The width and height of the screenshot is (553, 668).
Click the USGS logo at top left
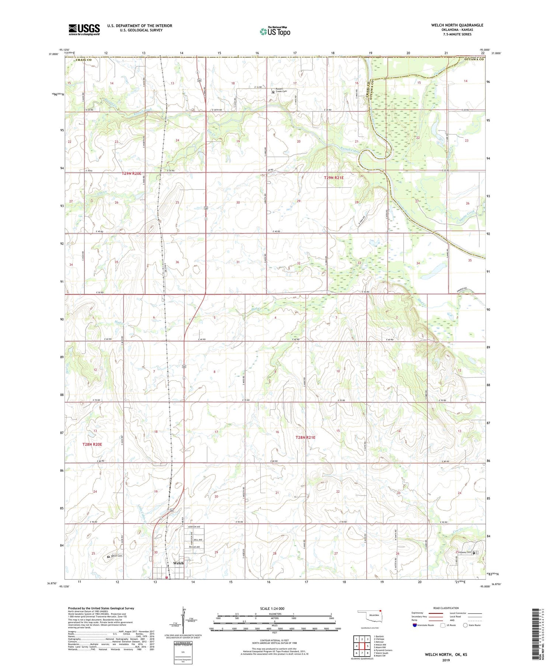pos(84,29)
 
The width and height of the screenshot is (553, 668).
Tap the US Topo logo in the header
pos(275,32)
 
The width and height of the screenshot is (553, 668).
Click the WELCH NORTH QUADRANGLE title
pos(457,25)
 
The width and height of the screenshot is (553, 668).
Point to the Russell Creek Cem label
pos(282,91)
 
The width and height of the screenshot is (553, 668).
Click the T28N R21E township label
pos(306,437)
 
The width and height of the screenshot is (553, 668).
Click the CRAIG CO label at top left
pos(83,60)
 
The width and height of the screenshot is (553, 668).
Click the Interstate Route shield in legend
pos(415,625)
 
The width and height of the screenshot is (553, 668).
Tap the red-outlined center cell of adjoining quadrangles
pos(362,646)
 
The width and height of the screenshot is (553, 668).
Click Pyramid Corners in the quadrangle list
pos(383,650)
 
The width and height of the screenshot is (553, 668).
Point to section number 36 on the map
pos(177,262)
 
